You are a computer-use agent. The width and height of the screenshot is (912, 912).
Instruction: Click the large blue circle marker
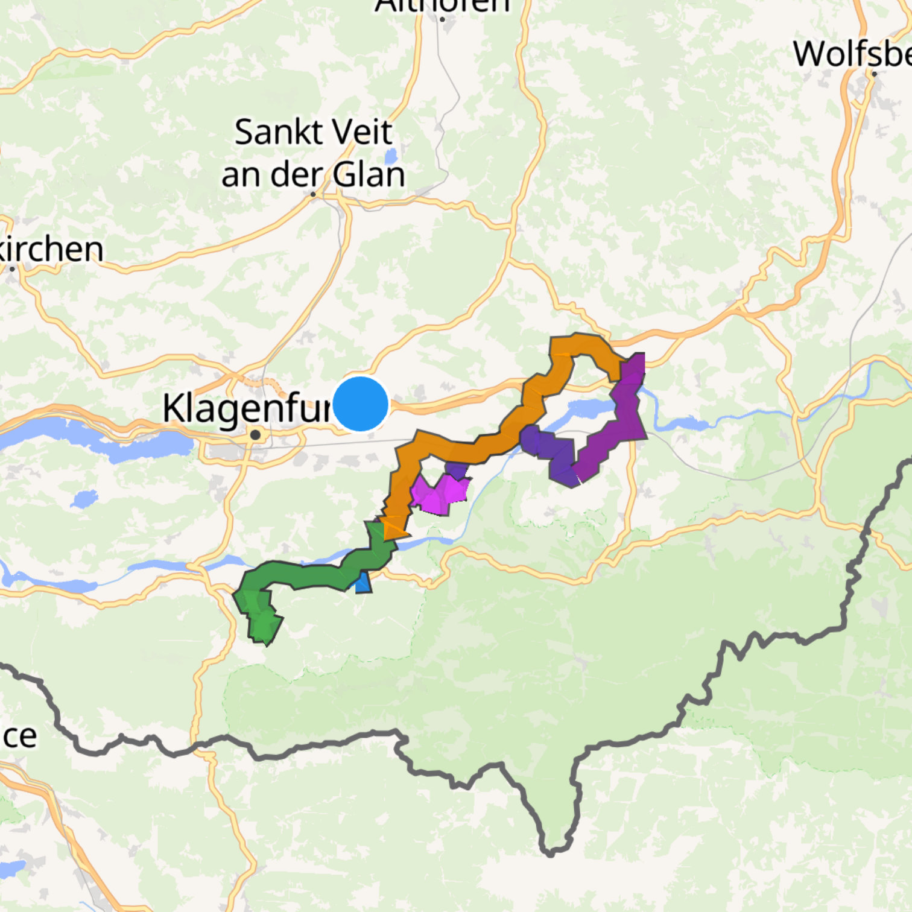(360, 404)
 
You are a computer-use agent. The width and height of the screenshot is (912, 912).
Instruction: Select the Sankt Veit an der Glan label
(313, 153)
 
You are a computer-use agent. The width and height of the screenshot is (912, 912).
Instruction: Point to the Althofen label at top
(442, 6)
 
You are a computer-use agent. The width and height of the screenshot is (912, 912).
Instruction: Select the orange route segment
(458, 449)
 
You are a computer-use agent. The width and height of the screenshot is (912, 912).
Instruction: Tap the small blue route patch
(363, 583)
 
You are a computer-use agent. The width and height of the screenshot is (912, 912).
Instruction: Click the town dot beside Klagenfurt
(256, 434)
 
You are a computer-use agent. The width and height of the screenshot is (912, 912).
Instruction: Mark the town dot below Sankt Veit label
(313, 194)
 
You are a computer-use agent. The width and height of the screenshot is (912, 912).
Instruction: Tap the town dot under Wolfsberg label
(874, 74)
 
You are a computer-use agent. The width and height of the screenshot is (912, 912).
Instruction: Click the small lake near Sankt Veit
(391, 156)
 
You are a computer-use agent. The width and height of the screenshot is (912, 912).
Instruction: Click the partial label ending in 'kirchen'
(51, 249)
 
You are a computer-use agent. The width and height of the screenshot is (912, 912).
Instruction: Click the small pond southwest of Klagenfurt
(84, 499)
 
